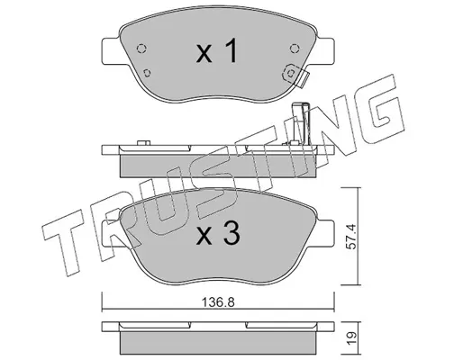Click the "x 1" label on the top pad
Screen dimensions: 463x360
click(217, 52)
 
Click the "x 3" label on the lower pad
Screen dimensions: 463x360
click(218, 234)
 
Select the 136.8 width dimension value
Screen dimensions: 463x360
click(218, 302)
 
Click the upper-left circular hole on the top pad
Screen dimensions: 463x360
click(141, 49)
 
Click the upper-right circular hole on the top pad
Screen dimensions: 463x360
click(295, 49)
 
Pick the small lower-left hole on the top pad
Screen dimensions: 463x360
click(147, 73)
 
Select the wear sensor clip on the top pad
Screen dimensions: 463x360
click(295, 75)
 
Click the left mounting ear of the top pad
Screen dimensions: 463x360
click(112, 50)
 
